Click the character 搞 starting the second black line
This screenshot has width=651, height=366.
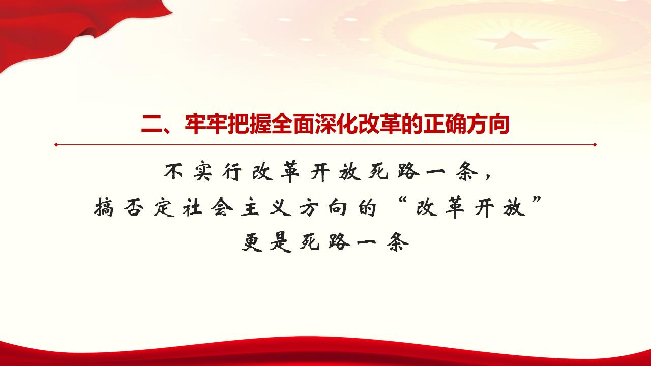(x=105, y=208)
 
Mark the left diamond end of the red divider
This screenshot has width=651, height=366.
(x=56, y=145)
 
